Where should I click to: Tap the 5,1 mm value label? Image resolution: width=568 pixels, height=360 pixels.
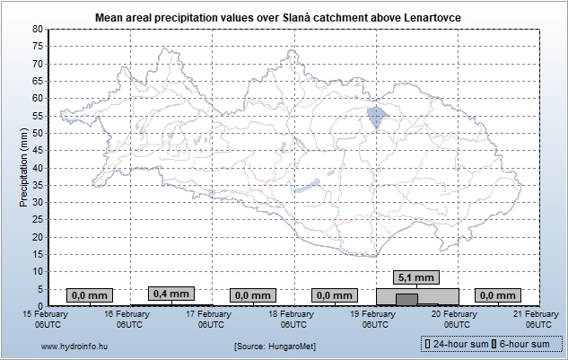coord(416,277)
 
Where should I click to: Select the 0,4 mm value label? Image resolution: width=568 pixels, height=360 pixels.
coord(170,294)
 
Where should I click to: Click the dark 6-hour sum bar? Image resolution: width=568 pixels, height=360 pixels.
coord(406,299)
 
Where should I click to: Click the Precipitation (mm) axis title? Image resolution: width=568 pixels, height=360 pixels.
coord(23,167)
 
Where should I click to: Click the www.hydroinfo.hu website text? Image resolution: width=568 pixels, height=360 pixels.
coord(74,346)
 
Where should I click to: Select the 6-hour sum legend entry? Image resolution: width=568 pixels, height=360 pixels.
coord(526,345)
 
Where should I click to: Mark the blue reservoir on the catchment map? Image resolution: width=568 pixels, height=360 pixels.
coord(376,118)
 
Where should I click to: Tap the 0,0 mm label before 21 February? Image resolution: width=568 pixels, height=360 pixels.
coord(498,295)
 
